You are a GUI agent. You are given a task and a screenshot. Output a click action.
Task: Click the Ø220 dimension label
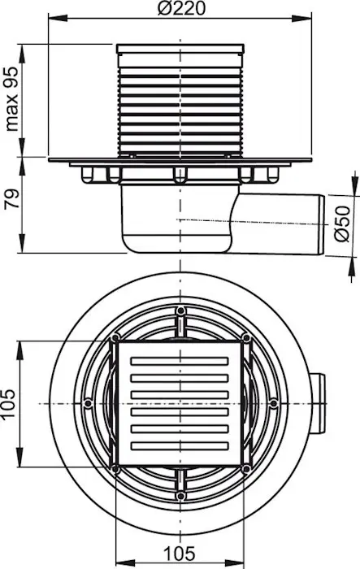point(181,8)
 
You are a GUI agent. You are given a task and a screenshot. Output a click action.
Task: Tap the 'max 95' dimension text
point(12,98)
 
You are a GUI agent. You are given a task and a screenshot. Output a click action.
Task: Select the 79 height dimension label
point(12,198)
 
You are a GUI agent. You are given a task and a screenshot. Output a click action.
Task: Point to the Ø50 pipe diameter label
point(342,224)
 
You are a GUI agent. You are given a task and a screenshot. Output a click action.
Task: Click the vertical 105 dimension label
point(8,404)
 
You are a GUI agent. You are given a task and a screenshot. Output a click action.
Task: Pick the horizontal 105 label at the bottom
point(180,554)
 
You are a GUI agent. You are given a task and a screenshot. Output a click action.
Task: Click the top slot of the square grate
point(180,361)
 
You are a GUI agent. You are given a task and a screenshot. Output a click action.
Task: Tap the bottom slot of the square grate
point(180,445)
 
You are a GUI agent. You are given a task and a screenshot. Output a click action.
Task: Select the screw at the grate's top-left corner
point(115,338)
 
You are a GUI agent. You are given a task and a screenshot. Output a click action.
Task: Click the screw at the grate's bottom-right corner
point(246,469)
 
